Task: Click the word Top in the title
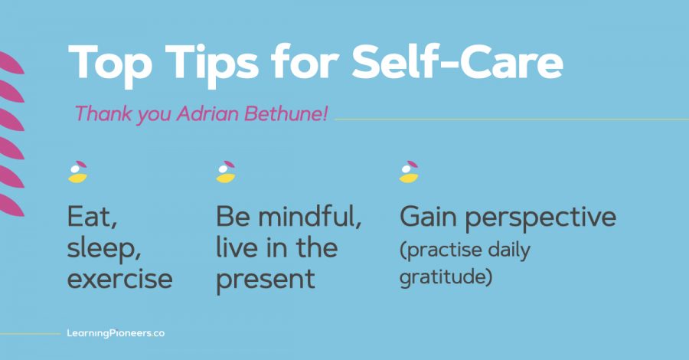(109, 64)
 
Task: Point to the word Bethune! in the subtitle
(286, 113)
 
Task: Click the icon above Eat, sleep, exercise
(78, 172)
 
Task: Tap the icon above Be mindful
(226, 172)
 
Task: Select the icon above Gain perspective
(409, 172)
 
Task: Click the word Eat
(92, 217)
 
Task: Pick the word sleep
(103, 249)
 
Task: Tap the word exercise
(119, 279)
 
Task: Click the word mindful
(309, 217)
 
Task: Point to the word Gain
(429, 217)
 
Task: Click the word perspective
(540, 218)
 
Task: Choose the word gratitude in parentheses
(443, 277)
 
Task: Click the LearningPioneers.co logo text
(116, 333)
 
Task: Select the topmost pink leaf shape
(11, 63)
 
